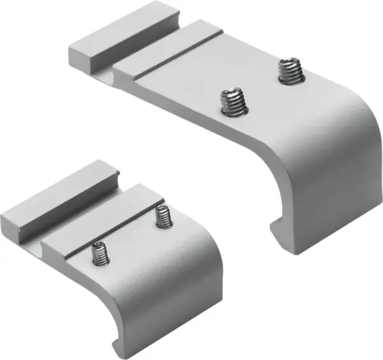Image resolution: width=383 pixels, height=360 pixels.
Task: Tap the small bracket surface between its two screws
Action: click(x=130, y=236)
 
